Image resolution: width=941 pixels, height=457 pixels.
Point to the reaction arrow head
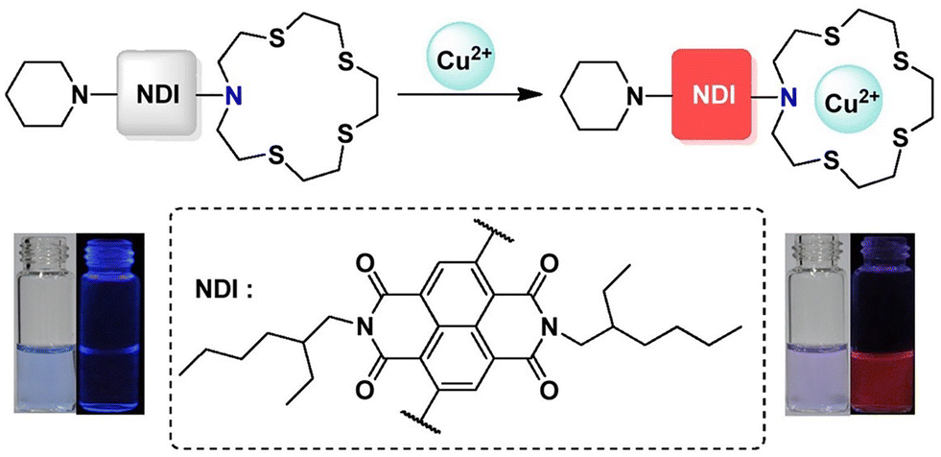coord(525,95)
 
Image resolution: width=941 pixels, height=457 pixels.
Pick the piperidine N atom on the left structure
coord(83,94)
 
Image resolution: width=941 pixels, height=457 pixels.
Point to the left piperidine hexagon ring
coord(39,94)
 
